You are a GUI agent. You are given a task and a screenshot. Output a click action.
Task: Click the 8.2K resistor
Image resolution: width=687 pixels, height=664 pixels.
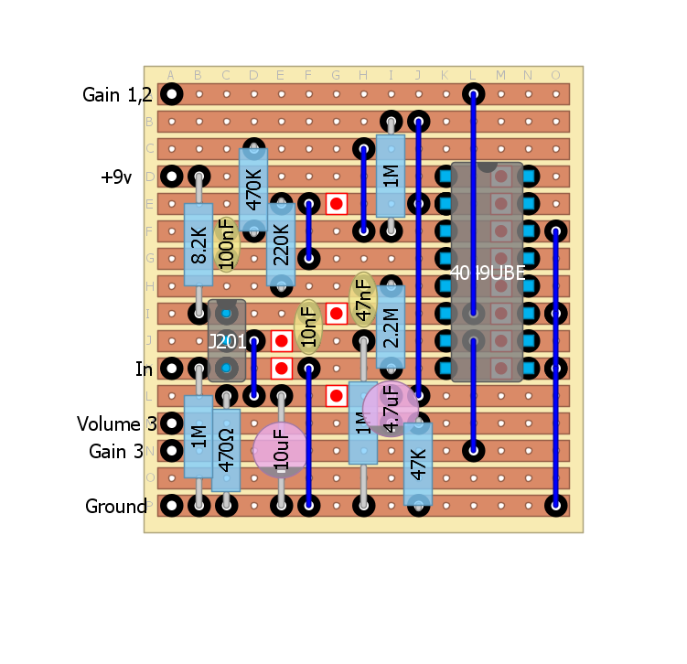tap(199, 245)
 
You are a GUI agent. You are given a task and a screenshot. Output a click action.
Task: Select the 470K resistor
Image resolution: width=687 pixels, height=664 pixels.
tap(253, 189)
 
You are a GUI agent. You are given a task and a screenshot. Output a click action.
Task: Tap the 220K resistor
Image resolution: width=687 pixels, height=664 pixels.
tap(281, 244)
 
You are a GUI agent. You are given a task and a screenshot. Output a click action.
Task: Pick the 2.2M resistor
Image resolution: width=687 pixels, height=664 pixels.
tap(391, 327)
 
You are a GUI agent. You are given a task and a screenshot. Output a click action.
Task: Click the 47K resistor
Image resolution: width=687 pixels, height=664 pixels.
tap(418, 464)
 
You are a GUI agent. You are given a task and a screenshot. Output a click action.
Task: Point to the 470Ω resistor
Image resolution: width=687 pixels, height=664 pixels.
tap(226, 450)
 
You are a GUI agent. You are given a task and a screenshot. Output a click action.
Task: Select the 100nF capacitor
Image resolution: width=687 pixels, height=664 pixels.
tap(226, 244)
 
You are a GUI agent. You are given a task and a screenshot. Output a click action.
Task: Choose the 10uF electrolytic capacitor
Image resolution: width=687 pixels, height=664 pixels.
tap(281, 449)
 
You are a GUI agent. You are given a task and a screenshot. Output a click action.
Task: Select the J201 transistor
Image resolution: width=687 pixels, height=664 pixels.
tap(226, 340)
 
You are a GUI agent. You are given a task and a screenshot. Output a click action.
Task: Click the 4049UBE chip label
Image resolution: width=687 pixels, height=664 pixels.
tap(488, 272)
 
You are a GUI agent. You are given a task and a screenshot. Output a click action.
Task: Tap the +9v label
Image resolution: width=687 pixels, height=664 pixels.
tap(116, 177)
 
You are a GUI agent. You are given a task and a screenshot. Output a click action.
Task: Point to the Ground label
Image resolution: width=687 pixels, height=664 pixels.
tap(115, 506)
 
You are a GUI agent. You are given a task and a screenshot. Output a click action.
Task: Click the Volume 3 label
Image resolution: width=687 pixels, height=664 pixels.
tap(116, 423)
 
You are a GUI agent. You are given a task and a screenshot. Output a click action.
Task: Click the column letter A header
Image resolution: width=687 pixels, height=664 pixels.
tap(171, 75)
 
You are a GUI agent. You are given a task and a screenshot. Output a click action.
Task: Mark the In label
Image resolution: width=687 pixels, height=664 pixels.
tap(144, 369)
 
